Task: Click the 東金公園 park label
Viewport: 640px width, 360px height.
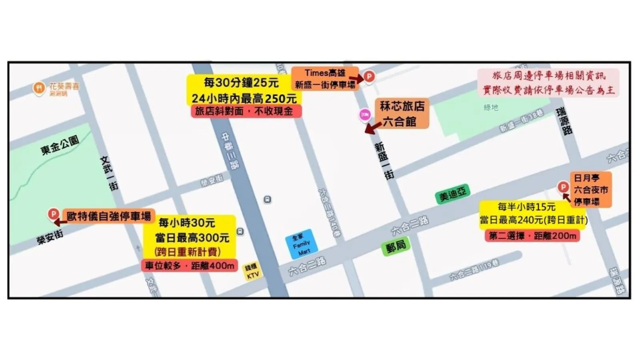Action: (x=60, y=145)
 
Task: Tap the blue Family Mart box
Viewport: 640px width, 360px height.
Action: (x=301, y=244)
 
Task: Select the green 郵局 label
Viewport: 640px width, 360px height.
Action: (x=396, y=247)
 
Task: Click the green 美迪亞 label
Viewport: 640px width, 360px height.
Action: (x=452, y=194)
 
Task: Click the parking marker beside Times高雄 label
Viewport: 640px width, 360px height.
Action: (x=369, y=76)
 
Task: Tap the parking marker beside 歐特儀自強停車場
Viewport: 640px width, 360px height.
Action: (x=53, y=214)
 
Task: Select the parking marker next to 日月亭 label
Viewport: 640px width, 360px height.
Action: (x=563, y=187)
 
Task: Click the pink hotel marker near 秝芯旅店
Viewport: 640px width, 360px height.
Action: (x=365, y=115)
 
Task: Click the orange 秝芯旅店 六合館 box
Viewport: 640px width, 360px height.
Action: (x=402, y=114)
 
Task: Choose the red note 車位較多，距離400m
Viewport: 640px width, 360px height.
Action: (x=189, y=266)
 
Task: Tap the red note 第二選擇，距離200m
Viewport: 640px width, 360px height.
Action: (x=532, y=236)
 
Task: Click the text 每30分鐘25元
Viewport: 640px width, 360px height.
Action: (x=241, y=83)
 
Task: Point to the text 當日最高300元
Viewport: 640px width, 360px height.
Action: (x=192, y=238)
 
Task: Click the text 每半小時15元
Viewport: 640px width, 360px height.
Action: (x=526, y=207)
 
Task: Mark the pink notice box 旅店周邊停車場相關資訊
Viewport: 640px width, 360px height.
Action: (x=548, y=82)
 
